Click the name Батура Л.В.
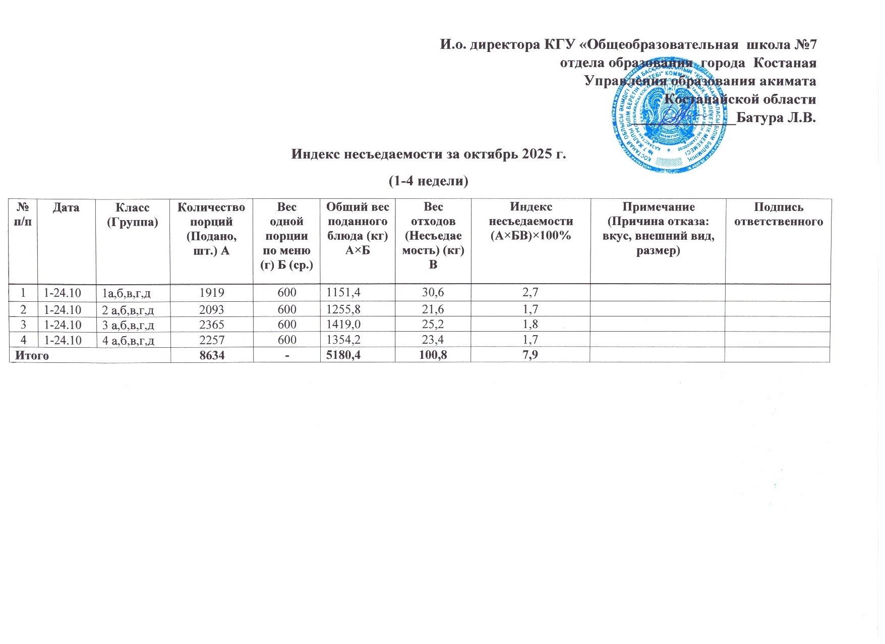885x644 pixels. (x=776, y=118)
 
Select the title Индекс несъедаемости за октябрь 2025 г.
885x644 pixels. (x=429, y=154)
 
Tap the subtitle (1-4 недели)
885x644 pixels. (x=429, y=181)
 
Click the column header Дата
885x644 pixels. (x=66, y=207)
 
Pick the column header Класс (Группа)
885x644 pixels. (x=133, y=214)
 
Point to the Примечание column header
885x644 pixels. (x=658, y=229)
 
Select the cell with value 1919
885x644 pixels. (x=212, y=292)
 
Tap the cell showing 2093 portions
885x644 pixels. (x=212, y=309)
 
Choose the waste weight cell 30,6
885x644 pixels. (x=433, y=292)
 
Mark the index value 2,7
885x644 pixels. (x=530, y=292)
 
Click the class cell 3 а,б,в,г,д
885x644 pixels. (x=128, y=325)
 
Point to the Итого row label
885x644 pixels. (x=32, y=355)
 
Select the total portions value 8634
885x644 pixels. (x=212, y=355)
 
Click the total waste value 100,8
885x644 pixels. (x=433, y=355)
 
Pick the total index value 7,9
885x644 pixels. (x=530, y=355)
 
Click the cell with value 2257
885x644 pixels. (x=212, y=340)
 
